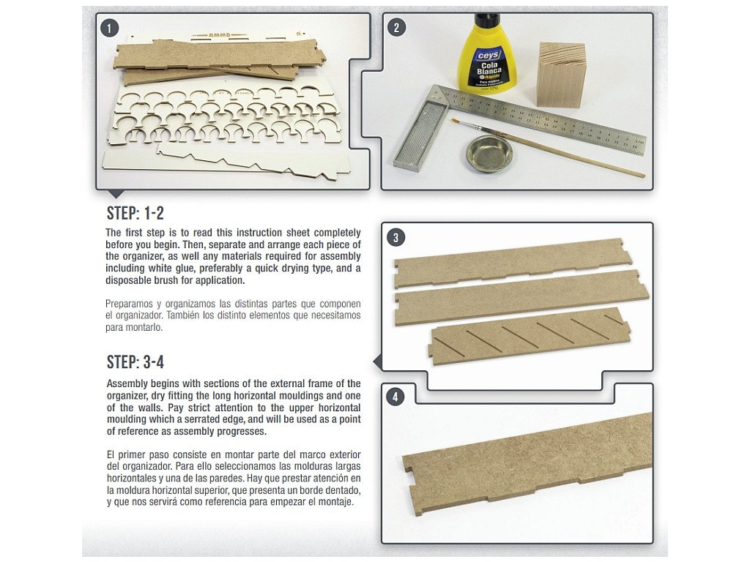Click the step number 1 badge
pos(110,29)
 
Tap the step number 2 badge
pos(396,28)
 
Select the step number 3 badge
pos(396,238)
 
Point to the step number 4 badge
pos(395,397)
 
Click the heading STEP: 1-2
pos(135,213)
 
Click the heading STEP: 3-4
pos(135,362)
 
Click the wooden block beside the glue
pos(561,74)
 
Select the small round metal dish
pos(489,154)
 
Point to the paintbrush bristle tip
pos(453,121)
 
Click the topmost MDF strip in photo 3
pos(513,263)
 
